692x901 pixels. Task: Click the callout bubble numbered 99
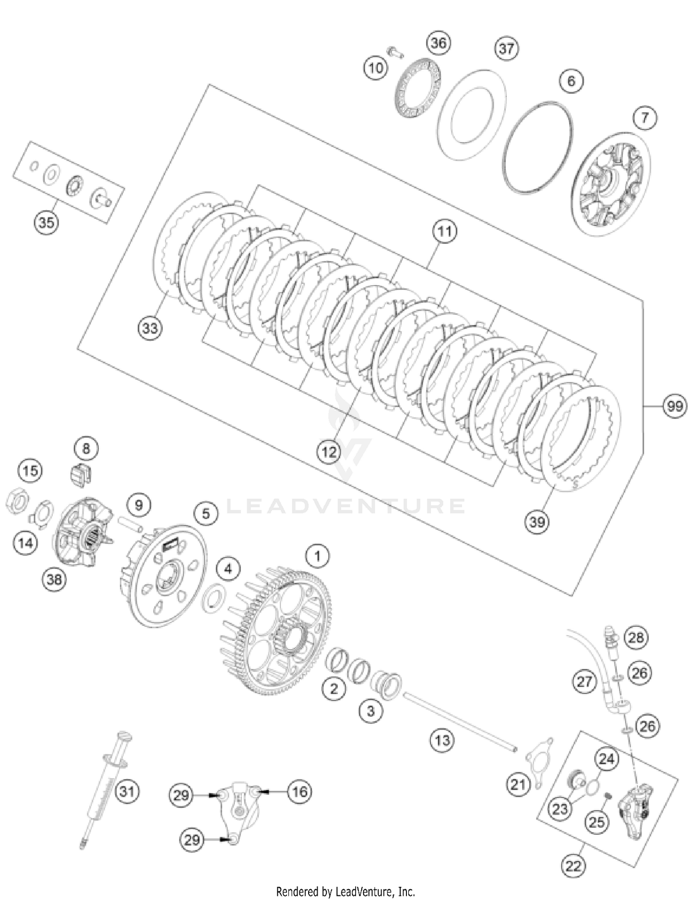(x=674, y=406)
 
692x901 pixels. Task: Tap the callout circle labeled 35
(x=47, y=222)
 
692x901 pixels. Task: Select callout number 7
(x=644, y=118)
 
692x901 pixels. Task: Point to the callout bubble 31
(x=127, y=792)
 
